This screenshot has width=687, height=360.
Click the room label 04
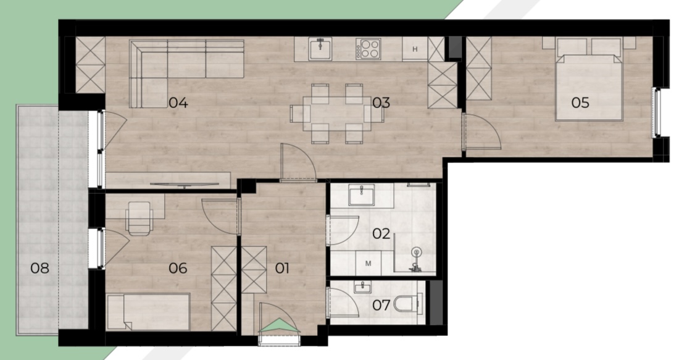pyautogui.click(x=178, y=103)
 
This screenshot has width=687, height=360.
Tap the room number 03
pyautogui.click(x=381, y=103)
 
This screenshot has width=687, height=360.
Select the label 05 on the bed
pyautogui.click(x=580, y=103)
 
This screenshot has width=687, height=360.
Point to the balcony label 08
pyautogui.click(x=40, y=268)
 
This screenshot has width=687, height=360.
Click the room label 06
pyautogui.click(x=178, y=268)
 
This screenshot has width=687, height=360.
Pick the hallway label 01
pyautogui.click(x=282, y=268)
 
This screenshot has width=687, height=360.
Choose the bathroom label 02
pyautogui.click(x=381, y=233)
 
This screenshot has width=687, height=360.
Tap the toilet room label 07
pyautogui.click(x=381, y=305)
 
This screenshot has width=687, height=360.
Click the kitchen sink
pyautogui.click(x=320, y=49)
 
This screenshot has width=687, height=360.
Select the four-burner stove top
pyautogui.click(x=368, y=49)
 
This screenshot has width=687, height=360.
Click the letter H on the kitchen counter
pyautogui.click(x=415, y=49)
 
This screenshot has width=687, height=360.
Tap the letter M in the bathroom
pyautogui.click(x=368, y=264)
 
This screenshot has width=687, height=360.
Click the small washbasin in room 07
pyautogui.click(x=362, y=288)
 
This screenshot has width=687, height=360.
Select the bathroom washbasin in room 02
pyautogui.click(x=362, y=195)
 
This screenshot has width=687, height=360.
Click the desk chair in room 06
pyautogui.click(x=139, y=218)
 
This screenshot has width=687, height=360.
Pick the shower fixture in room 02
pyautogui.click(x=415, y=259)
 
